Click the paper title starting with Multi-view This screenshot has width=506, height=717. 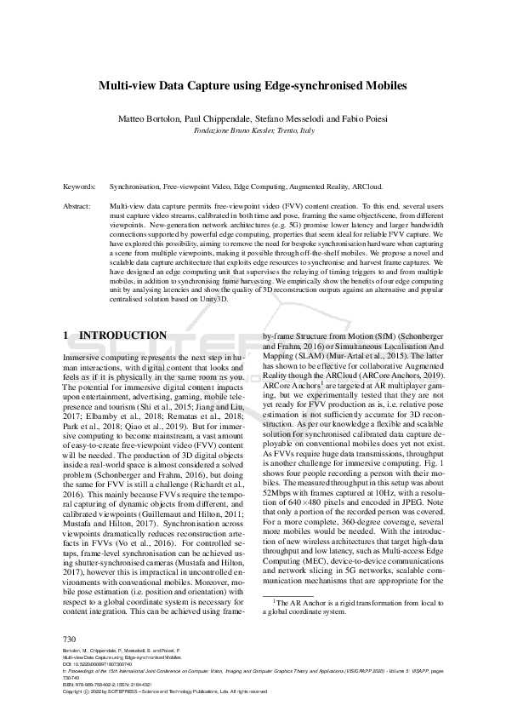click(x=253, y=86)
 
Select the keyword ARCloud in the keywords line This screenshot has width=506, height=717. click(x=365, y=186)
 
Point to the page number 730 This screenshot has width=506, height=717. click(x=71, y=639)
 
